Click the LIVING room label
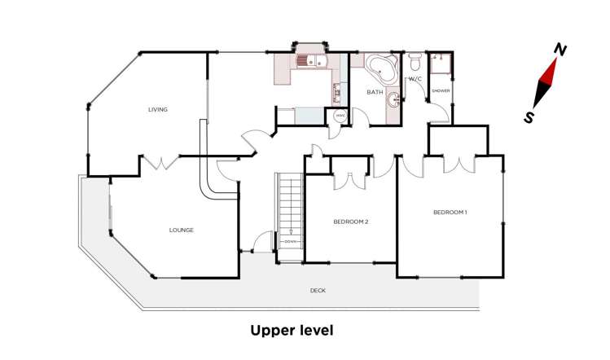(x=157, y=109)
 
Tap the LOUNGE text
(x=181, y=230)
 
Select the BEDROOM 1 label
(x=450, y=213)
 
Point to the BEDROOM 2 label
(x=352, y=221)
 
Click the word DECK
(x=318, y=290)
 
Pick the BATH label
(x=374, y=92)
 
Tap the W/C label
(x=414, y=79)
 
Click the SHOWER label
(x=441, y=90)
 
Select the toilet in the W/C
(x=415, y=62)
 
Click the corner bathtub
(x=380, y=67)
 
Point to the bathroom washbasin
(x=394, y=100)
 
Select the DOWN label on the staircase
(x=290, y=242)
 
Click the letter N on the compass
(x=560, y=50)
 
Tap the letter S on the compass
(x=530, y=117)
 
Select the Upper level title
(x=292, y=331)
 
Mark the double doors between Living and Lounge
(x=160, y=163)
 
